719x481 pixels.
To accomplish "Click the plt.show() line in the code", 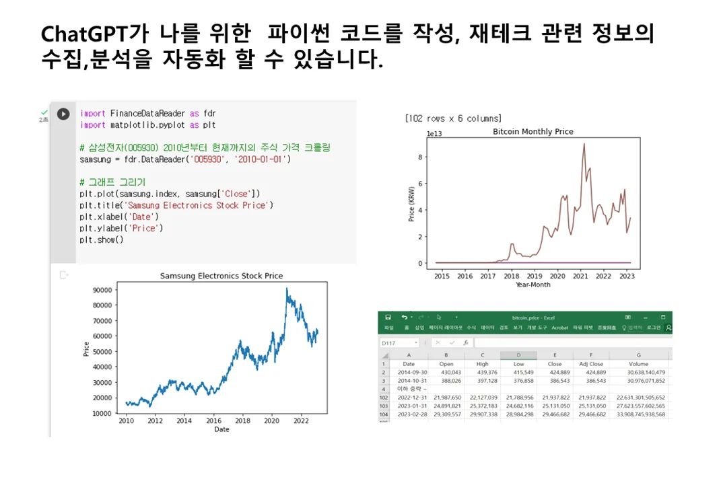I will point(101,239).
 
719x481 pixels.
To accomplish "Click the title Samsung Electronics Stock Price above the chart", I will point(221,276).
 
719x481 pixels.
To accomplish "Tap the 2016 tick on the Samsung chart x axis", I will point(213,421).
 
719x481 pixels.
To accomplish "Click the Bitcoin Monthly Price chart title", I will point(533,132).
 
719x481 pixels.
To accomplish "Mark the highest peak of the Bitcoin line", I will point(584,144).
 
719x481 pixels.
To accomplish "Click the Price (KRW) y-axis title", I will point(411,203).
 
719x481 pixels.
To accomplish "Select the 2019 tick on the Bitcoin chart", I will point(534,276).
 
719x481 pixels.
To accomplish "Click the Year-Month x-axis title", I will point(533,285).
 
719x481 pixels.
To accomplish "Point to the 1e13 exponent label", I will point(434,134).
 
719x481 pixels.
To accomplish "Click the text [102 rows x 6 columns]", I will point(452,118).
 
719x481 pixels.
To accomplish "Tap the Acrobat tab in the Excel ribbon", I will point(559,328).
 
